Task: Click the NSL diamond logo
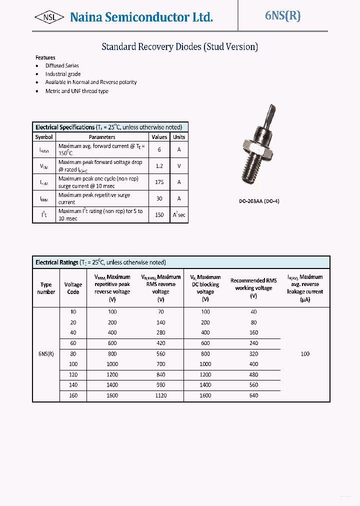pos(49,17)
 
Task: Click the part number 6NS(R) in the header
pos(282,16)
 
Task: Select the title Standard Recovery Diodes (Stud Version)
pos(179,47)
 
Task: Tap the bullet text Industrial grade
pos(63,74)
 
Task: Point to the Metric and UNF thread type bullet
pos(76,91)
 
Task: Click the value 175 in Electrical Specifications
pos(159,182)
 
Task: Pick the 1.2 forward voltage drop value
pos(159,166)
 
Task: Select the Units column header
pos(179,137)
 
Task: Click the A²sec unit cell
pos(179,215)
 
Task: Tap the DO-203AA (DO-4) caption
pos(258,201)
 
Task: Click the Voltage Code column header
pos(73,288)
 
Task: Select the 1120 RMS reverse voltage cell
pos(160,395)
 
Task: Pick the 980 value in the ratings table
pos(160,385)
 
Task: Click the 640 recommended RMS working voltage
pos(253,395)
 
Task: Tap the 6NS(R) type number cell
pos(46,353)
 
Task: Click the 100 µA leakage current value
pos(305,353)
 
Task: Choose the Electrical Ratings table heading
pos(100,262)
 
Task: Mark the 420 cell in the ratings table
pos(160,343)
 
